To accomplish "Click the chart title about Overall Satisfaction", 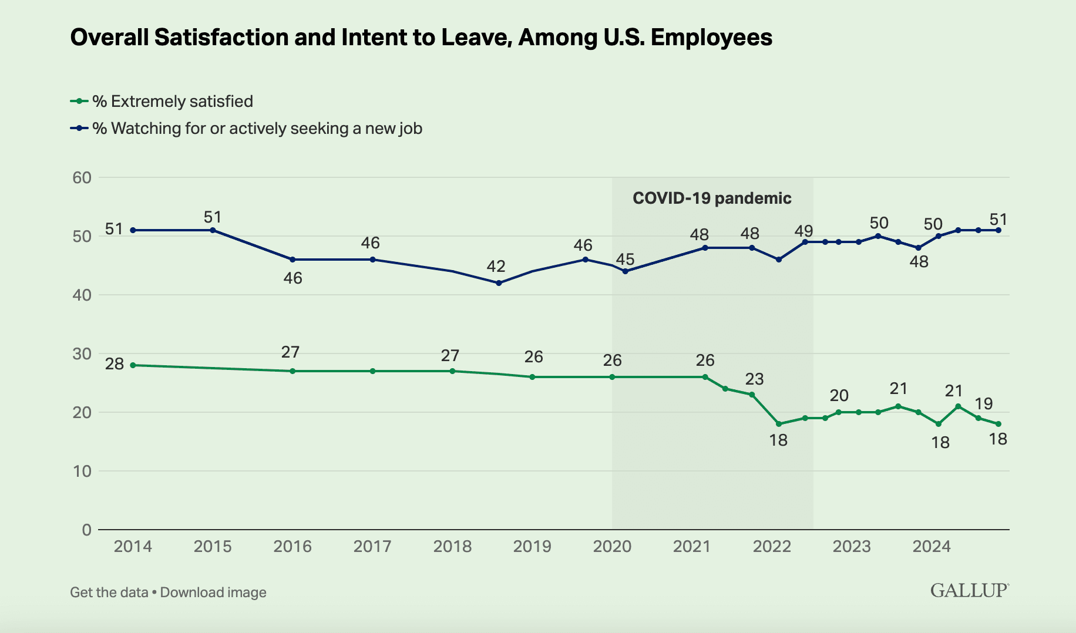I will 421,38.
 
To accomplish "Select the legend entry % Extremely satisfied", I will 172,101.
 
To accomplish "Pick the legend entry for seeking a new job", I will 257,128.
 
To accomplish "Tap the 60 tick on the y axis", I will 82,177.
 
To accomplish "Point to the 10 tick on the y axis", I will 82,471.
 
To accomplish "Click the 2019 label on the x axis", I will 532,547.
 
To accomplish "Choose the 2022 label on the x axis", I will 772,547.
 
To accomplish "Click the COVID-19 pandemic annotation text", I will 712,198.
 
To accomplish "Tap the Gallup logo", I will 969,591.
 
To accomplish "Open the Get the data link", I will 109,592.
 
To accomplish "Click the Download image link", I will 213,592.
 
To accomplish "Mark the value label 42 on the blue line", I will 496,267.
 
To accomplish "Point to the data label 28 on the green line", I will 115,364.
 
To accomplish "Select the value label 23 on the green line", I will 754,379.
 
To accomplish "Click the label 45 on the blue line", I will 625,258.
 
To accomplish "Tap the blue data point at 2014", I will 133,230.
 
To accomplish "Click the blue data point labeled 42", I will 499,283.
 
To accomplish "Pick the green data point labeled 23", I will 752,395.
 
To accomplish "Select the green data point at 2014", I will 133,365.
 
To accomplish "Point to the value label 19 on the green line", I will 983,403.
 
